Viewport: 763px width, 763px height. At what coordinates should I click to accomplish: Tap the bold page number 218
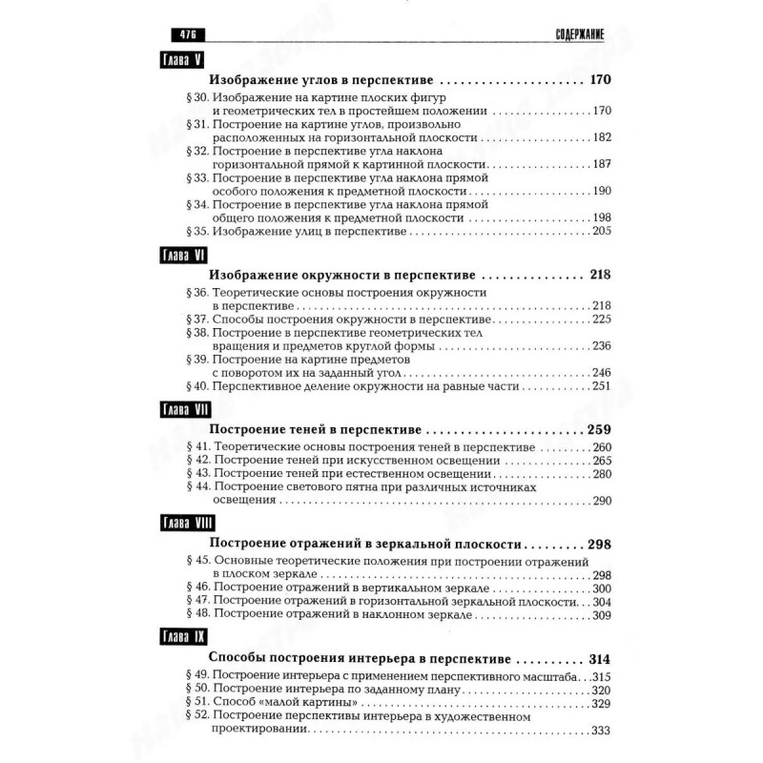[x=599, y=275]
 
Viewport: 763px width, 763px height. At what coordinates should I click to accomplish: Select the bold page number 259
[x=599, y=428]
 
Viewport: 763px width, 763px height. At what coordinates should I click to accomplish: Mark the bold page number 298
[x=599, y=544]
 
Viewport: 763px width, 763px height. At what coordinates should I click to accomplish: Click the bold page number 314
[x=599, y=659]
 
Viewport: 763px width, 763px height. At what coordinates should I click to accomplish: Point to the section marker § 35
[x=196, y=230]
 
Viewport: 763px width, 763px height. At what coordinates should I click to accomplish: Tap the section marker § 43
[x=196, y=473]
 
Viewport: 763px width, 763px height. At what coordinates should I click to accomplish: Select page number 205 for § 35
[x=601, y=230]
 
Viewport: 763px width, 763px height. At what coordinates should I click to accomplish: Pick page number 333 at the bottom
[x=601, y=731]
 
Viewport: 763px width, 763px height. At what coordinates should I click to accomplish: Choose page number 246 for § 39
[x=601, y=372]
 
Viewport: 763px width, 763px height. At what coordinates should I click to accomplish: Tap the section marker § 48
[x=196, y=616]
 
